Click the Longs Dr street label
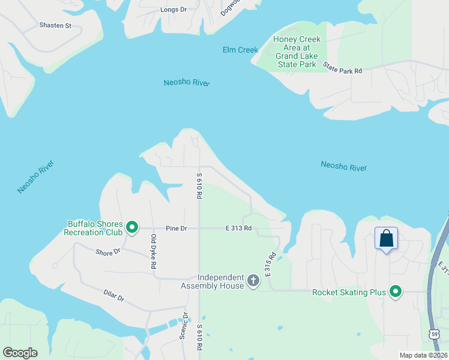[x=174, y=10]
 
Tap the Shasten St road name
[x=55, y=26]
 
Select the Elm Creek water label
[x=240, y=50]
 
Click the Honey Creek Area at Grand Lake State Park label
[x=297, y=52]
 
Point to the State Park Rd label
[x=343, y=68]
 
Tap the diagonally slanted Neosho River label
[x=35, y=177]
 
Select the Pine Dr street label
[x=176, y=229]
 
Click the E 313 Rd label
[x=238, y=229]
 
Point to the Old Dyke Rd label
[x=154, y=251]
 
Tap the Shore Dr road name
[x=108, y=252]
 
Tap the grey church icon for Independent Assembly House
[x=253, y=280]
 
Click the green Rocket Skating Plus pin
[x=396, y=292]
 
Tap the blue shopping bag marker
[x=386, y=239]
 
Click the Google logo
[x=20, y=353]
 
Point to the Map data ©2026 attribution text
[x=423, y=355]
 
